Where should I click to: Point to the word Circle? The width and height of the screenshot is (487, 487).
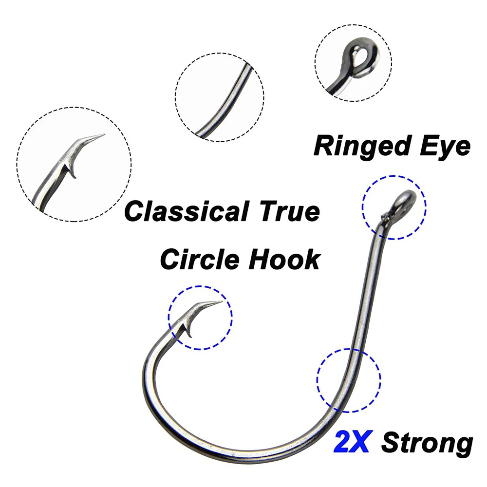(x=200, y=260)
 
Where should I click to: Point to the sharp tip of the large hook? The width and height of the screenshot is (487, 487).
(x=222, y=301)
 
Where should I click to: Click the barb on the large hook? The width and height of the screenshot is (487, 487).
(x=188, y=331)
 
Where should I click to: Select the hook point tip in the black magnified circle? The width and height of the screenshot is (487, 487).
(x=104, y=134)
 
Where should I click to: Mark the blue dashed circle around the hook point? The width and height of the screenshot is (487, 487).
(x=200, y=286)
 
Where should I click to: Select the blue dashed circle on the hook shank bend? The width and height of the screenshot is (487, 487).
(x=349, y=349)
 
